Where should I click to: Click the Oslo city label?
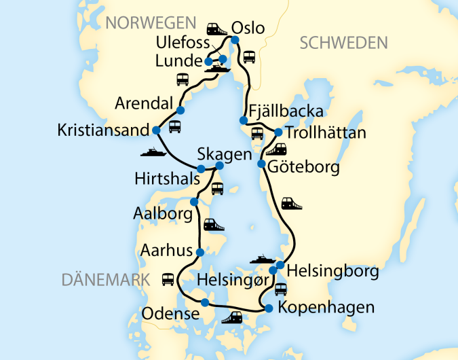pos(248,28)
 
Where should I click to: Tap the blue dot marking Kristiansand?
pos(156,130)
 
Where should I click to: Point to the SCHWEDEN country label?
pos(343,43)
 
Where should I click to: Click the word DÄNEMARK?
pos(104,279)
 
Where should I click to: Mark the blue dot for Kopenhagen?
pos(269,308)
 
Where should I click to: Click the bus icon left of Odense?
pos(167,278)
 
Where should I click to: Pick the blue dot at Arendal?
pos(180,110)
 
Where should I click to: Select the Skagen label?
pos(225,154)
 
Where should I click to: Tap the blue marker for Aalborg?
pos(194,202)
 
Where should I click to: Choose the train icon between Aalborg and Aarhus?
pos(214,223)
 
